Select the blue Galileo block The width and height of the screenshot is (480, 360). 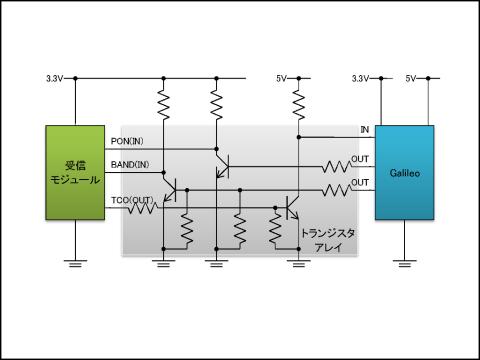pos(404,171)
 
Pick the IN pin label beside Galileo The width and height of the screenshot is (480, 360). pos(364,130)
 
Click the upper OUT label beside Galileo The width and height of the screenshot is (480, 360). pos(360,159)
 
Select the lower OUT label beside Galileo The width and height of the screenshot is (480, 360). pos(360,181)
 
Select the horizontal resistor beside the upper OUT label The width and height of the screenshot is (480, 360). pos(333,166)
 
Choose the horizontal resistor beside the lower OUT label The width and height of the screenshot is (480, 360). pos(333,188)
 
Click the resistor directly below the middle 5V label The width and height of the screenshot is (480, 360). pos(298,103)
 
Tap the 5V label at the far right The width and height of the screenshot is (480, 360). pos(410,77)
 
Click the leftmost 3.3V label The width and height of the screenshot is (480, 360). pos(56,77)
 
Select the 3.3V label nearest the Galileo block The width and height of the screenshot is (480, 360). pos(361,77)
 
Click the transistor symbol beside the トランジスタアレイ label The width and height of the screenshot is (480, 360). pos(291,207)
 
